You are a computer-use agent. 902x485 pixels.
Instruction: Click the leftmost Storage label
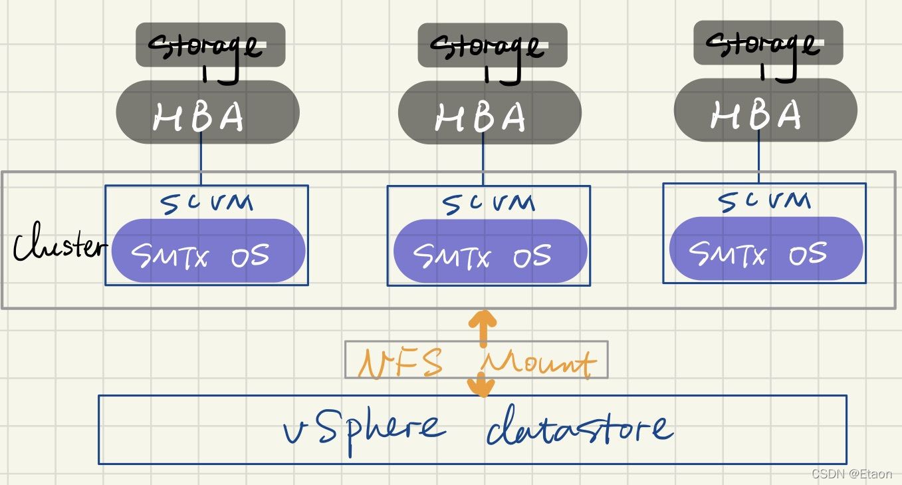pos(210,45)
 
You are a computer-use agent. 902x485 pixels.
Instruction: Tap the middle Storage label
pos(493,45)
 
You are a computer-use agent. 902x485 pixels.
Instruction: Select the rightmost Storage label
pos(768,43)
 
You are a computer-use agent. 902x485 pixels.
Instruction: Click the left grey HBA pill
pos(207,112)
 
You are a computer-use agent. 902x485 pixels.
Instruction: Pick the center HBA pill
pos(490,112)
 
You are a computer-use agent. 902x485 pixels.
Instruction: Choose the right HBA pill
pos(765,110)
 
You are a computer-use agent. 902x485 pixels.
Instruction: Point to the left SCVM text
pos(207,201)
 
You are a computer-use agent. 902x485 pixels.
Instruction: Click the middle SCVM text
pos(489,202)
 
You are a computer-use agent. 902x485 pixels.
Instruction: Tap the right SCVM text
pos(764,200)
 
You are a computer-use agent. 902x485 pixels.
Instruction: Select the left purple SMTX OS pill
pos(208,251)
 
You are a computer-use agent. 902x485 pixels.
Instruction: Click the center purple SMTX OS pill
pos(490,251)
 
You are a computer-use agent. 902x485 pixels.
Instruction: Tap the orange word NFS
pos(401,363)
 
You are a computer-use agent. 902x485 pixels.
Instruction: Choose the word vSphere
pos(363,427)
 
